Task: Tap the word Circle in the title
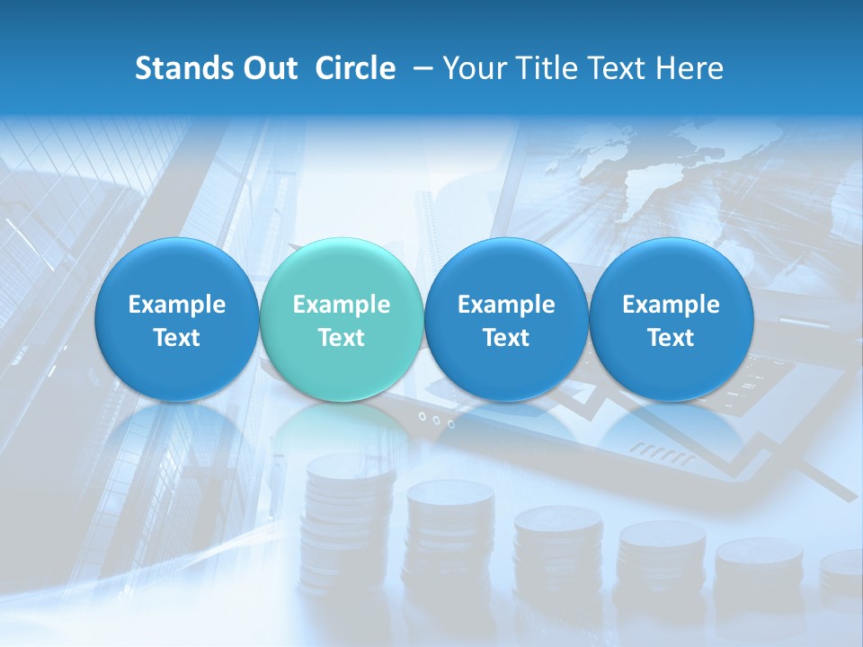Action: point(355,68)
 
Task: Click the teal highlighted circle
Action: point(342,319)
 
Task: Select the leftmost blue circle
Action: point(176,319)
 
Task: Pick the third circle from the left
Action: point(506,319)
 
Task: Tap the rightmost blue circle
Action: point(671,319)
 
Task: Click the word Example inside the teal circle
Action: point(342,305)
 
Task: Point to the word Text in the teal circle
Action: point(342,338)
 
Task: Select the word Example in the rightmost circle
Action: point(671,305)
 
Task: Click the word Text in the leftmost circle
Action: point(176,338)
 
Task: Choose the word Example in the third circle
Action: point(506,305)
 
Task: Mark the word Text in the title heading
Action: point(618,68)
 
